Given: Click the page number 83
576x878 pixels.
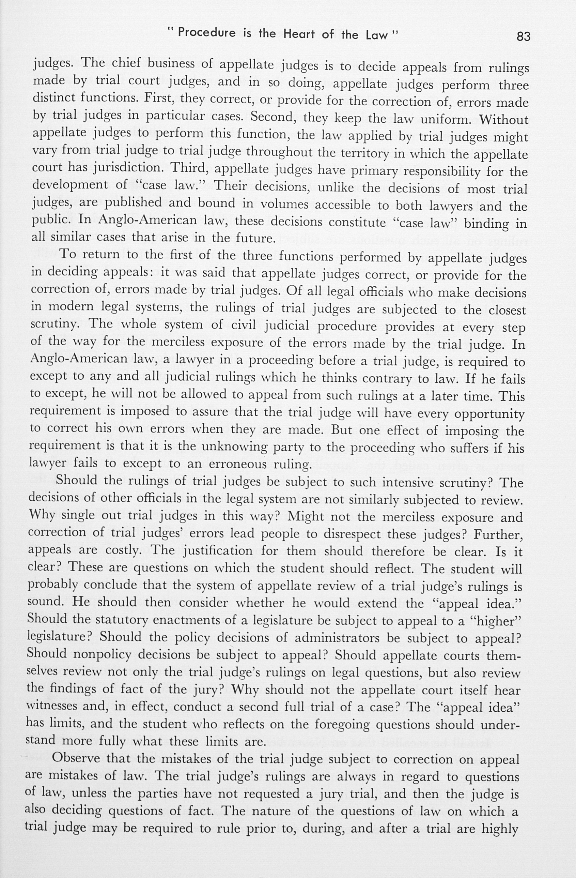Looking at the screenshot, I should tap(523, 36).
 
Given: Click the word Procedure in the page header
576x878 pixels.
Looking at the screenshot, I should tap(206, 33).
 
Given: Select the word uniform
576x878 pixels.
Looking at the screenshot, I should tap(447, 120).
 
